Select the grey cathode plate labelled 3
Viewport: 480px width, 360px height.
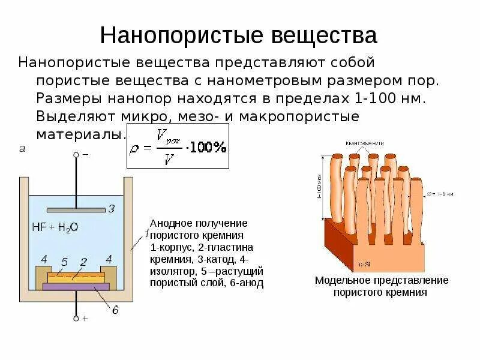[76, 209]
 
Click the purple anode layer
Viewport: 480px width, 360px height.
[76, 287]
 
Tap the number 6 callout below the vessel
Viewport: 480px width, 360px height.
[115, 309]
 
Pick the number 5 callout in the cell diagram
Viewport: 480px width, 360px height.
[66, 262]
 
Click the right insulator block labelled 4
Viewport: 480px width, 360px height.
[108, 273]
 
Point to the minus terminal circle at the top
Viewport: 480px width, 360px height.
[76, 155]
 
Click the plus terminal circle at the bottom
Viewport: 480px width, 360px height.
[76, 318]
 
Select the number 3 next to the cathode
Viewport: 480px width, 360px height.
[110, 209]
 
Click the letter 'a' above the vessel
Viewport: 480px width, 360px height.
[22, 149]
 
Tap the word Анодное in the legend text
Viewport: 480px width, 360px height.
[171, 223]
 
